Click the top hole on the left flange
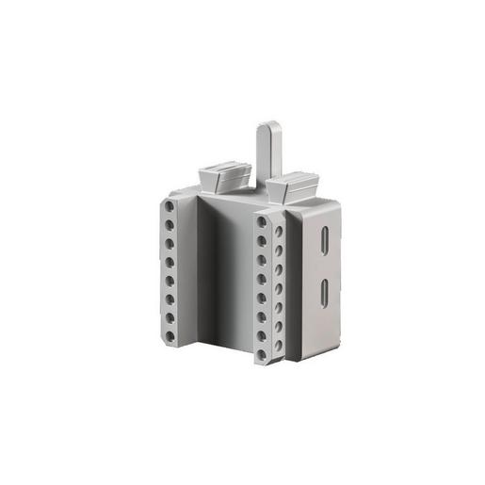(x=170, y=204)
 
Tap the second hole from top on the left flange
(x=170, y=221)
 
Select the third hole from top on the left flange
(x=170, y=237)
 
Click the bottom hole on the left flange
(x=170, y=335)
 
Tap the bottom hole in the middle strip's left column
(x=263, y=356)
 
